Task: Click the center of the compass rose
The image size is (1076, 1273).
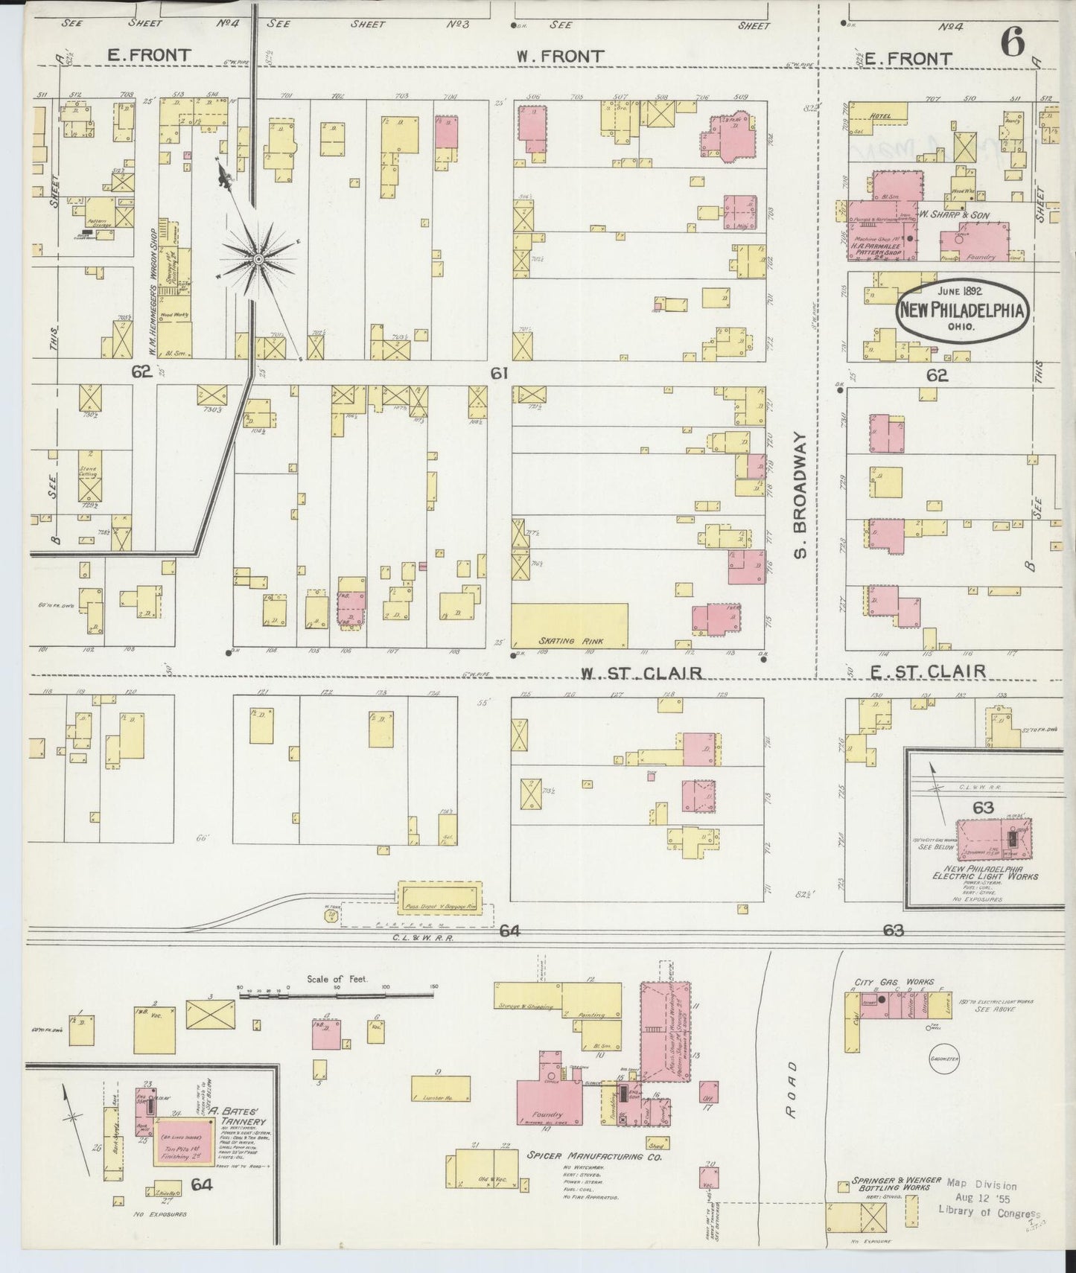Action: point(258,258)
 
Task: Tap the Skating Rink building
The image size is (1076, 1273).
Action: point(570,625)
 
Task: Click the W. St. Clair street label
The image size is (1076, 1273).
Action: point(642,673)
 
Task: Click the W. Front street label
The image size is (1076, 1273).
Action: point(560,56)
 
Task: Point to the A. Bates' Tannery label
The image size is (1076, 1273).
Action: point(237,1121)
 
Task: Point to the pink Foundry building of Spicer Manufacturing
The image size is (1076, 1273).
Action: point(550,1096)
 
